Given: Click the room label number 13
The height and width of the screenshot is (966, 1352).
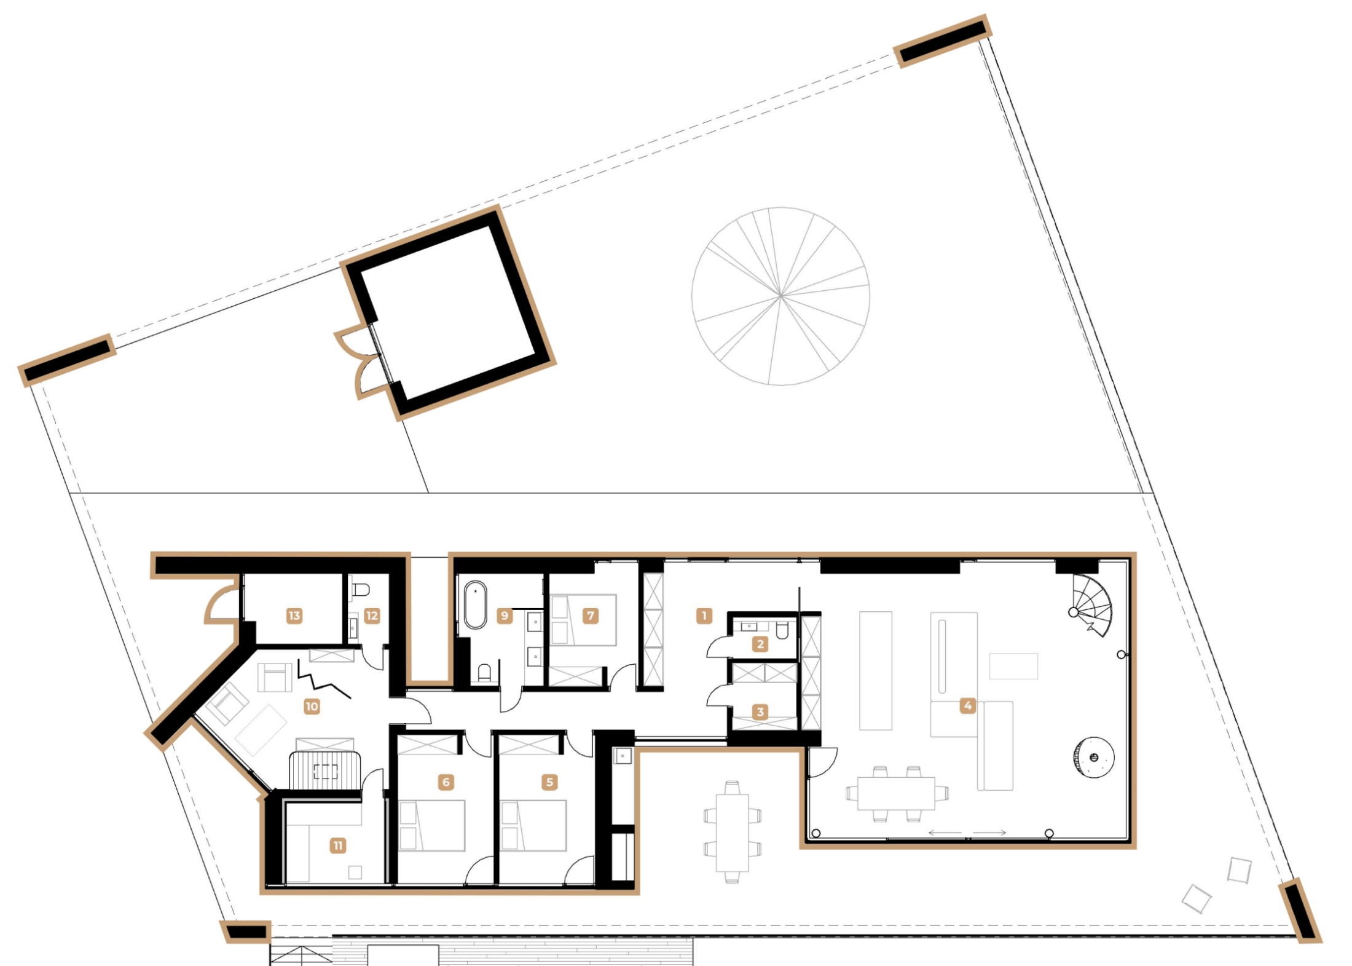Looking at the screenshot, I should [294, 616].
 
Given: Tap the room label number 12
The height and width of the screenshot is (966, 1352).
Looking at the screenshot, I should [372, 616].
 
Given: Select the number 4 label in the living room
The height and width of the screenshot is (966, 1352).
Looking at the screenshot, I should [968, 705].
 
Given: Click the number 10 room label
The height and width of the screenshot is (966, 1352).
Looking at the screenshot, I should [312, 706].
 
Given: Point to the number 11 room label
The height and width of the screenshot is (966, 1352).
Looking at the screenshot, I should [337, 845].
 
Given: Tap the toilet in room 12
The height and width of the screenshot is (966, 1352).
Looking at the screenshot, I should [361, 590].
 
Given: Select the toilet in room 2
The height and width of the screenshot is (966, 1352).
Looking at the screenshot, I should [782, 630].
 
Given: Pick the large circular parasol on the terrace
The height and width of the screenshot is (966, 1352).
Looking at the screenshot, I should [780, 296].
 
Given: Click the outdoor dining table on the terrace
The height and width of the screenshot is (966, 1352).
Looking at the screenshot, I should [732, 833].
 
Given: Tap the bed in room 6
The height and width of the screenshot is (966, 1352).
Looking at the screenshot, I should [431, 825].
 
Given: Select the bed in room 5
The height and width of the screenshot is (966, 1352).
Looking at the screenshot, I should [533, 825].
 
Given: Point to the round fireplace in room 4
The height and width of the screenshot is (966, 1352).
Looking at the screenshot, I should [1094, 757].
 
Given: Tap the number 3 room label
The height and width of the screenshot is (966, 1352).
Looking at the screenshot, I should [760, 712].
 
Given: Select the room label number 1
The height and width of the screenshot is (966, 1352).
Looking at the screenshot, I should [704, 615].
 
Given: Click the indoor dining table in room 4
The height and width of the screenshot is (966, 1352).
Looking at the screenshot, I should [897, 793].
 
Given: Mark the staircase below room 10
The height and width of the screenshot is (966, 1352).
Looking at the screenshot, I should [324, 769].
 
